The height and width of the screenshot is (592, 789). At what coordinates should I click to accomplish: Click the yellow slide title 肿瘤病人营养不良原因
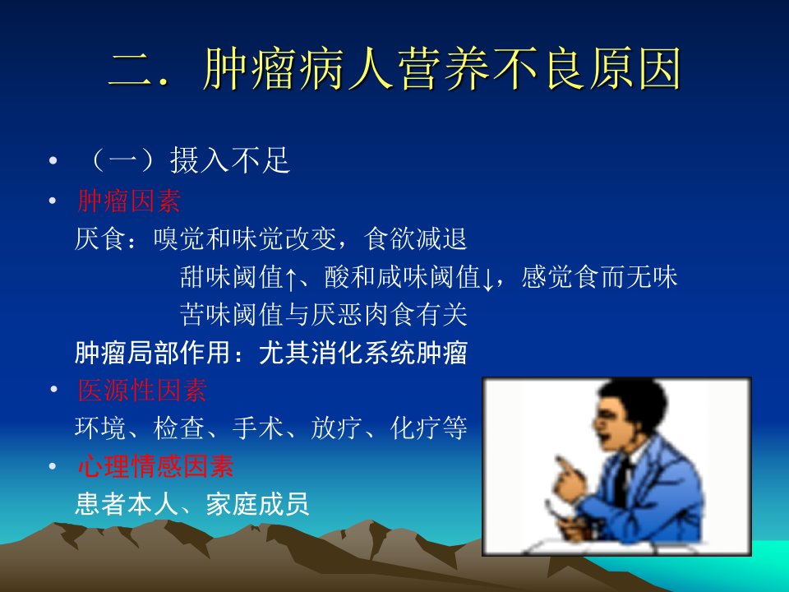[x=443, y=69]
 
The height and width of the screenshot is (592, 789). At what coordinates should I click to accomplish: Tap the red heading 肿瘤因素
[x=129, y=201]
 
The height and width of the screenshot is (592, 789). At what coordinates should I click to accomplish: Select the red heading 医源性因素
[x=142, y=390]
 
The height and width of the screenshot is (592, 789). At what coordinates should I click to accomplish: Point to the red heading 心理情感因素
[x=155, y=465]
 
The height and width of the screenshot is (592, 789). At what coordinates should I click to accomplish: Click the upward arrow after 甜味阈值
[x=291, y=279]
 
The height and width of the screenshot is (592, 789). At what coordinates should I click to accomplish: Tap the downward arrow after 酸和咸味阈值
[x=487, y=279]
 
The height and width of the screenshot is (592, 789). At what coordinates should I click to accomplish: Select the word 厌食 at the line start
[x=100, y=238]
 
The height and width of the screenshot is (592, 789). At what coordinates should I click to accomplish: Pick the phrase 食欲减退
[x=416, y=238]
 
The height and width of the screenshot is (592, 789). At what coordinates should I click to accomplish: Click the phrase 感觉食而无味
[x=599, y=277]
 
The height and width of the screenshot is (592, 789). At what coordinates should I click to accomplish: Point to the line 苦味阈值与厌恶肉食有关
[x=324, y=315]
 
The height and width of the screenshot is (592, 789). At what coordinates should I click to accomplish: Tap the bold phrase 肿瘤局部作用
[x=153, y=353]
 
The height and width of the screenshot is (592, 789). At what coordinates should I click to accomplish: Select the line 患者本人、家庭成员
[x=191, y=503]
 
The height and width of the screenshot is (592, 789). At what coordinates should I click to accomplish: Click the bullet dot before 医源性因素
[x=53, y=389]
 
